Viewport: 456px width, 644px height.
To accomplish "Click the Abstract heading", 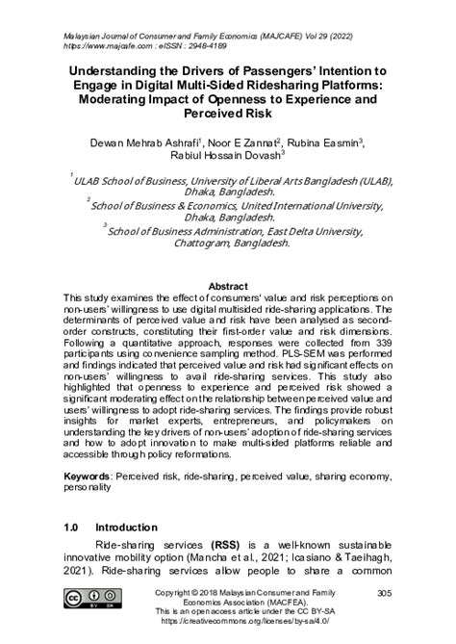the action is (228, 286).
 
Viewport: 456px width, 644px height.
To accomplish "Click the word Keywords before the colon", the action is (91, 450).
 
